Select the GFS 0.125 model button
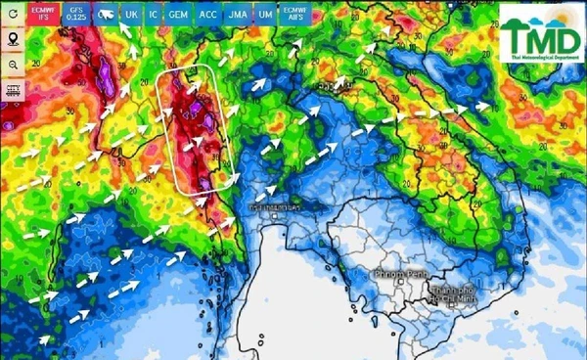click(77, 14)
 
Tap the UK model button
click(131, 16)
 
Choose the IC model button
click(153, 16)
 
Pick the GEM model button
click(178, 16)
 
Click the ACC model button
click(207, 16)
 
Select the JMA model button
click(237, 16)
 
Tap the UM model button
click(264, 16)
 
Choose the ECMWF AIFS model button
click(294, 14)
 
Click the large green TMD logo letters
click(537, 36)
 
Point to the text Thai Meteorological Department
click(537, 59)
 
